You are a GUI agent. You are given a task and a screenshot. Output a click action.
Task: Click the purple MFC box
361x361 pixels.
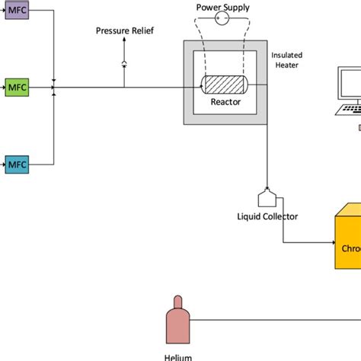tap(16, 13)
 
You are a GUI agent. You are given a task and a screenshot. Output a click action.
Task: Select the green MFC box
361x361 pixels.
tap(16, 87)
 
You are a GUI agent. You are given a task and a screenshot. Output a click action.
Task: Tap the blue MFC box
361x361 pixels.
tap(16, 163)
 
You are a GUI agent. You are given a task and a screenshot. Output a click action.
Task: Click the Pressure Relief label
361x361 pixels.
tap(124, 31)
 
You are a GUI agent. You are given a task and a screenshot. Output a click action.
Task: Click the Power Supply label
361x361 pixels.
tap(222, 8)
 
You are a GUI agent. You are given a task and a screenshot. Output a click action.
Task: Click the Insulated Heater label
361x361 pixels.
tap(287, 60)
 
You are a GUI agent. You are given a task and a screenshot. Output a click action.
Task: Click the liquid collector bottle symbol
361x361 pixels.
tap(267, 198)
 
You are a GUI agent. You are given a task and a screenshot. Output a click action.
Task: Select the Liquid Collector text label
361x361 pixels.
tap(267, 217)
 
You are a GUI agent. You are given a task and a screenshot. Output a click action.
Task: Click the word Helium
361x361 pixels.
tap(176, 356)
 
